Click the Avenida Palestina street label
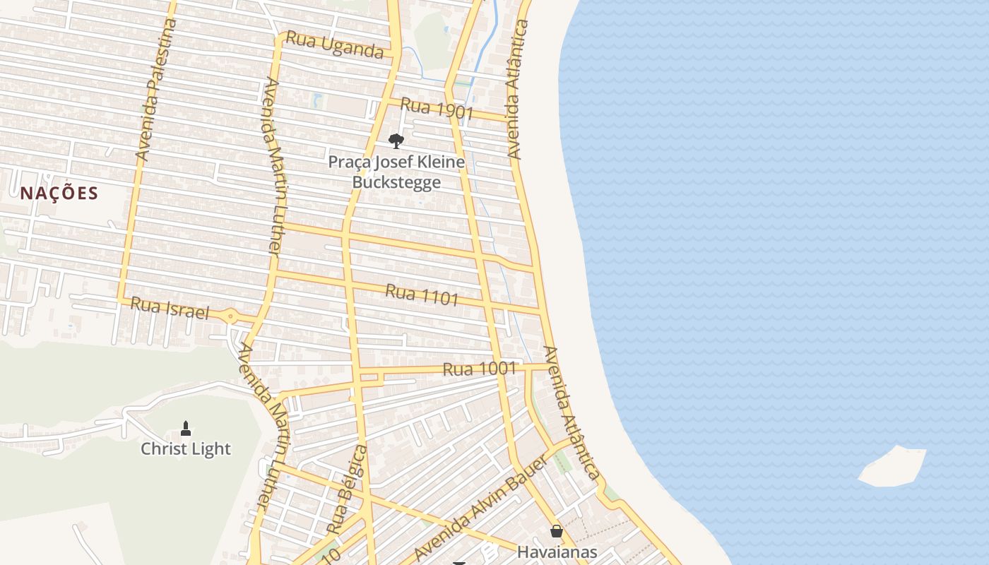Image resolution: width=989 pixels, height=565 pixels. (155, 89)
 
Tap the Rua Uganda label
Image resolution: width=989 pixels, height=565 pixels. (334, 45)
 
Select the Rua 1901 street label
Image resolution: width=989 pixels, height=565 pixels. (437, 109)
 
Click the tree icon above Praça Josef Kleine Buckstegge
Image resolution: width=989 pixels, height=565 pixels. (396, 141)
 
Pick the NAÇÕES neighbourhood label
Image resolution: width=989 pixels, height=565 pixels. (59, 193)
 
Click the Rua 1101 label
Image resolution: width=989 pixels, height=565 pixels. (422, 294)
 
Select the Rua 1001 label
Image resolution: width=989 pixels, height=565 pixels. (480, 369)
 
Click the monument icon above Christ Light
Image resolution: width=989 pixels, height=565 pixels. (186, 428)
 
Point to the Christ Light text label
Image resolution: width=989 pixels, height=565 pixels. (186, 448)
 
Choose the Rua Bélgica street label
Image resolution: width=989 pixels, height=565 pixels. (348, 489)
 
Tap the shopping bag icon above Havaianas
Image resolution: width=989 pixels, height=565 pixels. (557, 532)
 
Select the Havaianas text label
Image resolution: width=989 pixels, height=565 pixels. (557, 552)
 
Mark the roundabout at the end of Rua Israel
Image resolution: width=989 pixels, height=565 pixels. (231, 316)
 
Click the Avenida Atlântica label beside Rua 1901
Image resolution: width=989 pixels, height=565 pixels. (518, 89)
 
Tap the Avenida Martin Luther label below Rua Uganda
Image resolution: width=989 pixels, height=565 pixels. (274, 166)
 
